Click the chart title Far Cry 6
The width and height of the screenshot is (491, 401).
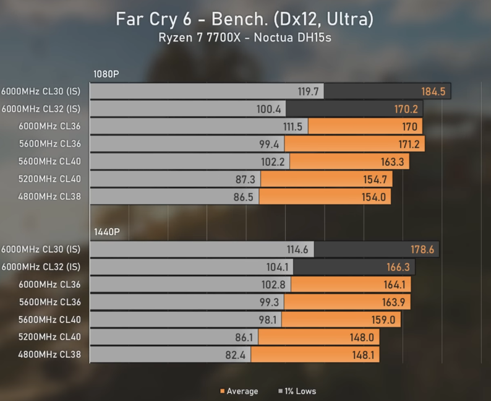[244, 19]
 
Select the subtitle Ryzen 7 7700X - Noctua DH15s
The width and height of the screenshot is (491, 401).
[245, 37]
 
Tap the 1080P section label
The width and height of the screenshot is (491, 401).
[106, 74]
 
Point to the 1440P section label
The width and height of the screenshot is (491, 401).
[106, 232]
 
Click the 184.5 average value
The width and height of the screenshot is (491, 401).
[433, 92]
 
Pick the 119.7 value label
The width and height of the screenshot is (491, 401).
[308, 92]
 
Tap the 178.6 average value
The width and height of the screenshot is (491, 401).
[423, 249]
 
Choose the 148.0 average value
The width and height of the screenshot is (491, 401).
[362, 337]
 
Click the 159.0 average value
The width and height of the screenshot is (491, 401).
[384, 320]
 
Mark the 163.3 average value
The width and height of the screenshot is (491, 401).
[394, 162]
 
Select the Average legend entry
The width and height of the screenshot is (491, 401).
[239, 391]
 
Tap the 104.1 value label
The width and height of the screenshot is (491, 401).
[276, 267]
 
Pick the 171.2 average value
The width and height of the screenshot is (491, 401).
[408, 144]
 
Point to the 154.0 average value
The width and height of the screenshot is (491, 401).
[374, 197]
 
